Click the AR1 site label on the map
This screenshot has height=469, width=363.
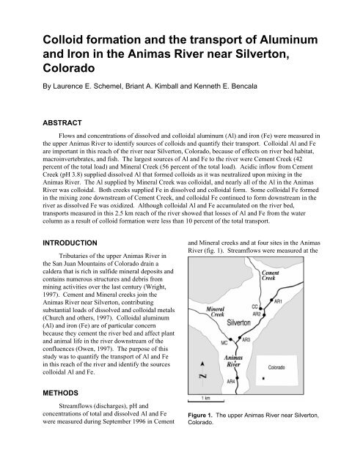[278, 301]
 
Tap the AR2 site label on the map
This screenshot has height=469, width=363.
[257, 314]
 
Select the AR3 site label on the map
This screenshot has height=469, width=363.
[246, 340]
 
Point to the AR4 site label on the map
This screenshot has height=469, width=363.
[231, 382]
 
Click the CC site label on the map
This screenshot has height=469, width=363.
[255, 307]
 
